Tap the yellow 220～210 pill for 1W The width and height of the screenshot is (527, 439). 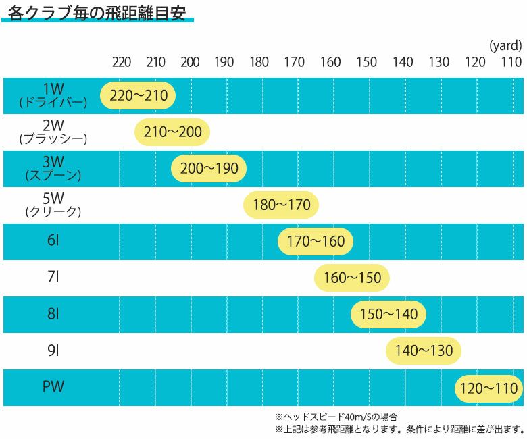pos(138,96)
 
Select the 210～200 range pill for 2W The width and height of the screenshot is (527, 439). pos(173,132)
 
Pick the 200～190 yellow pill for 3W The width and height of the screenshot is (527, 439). pos(209,169)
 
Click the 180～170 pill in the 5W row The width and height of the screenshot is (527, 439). pos(281,205)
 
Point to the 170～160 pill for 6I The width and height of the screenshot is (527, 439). pos(316,241)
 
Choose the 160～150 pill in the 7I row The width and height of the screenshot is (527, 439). pos(352,278)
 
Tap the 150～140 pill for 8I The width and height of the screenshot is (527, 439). pos(388,314)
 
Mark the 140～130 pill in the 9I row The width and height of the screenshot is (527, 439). pos(424,351)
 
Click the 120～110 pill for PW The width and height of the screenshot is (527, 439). pos(488,388)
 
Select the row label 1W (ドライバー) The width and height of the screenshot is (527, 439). pos(53,95)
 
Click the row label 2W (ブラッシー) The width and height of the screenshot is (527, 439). pos(53,132)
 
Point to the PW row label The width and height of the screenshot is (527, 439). pos(53,387)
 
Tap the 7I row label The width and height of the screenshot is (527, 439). pos(53,277)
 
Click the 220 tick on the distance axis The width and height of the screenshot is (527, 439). pos(122,63)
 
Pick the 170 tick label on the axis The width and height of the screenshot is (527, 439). pos(294,63)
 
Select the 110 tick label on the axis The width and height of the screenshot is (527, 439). pos(511,63)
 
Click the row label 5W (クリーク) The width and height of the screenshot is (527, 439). pos(53,205)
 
